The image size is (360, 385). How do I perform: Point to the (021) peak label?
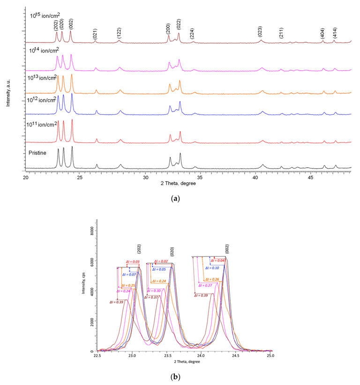[x=95, y=33]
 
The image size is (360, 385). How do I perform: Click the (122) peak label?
[x=120, y=33]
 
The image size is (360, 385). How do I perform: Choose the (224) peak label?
[x=192, y=33]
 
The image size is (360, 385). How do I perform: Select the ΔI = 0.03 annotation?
[x=132, y=262]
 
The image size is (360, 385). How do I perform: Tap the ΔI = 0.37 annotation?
[x=151, y=297]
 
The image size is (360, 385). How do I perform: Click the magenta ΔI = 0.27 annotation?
[x=205, y=285]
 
